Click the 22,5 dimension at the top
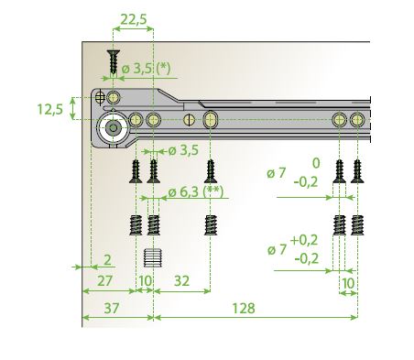point(134,19)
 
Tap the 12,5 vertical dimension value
point(50,109)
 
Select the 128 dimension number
point(244,309)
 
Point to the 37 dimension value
point(111,308)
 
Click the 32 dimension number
point(181,281)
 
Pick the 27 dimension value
point(105,281)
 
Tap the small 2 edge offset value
point(107,260)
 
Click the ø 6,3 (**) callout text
point(196,192)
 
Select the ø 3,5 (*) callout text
point(146,69)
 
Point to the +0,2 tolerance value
point(304,240)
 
